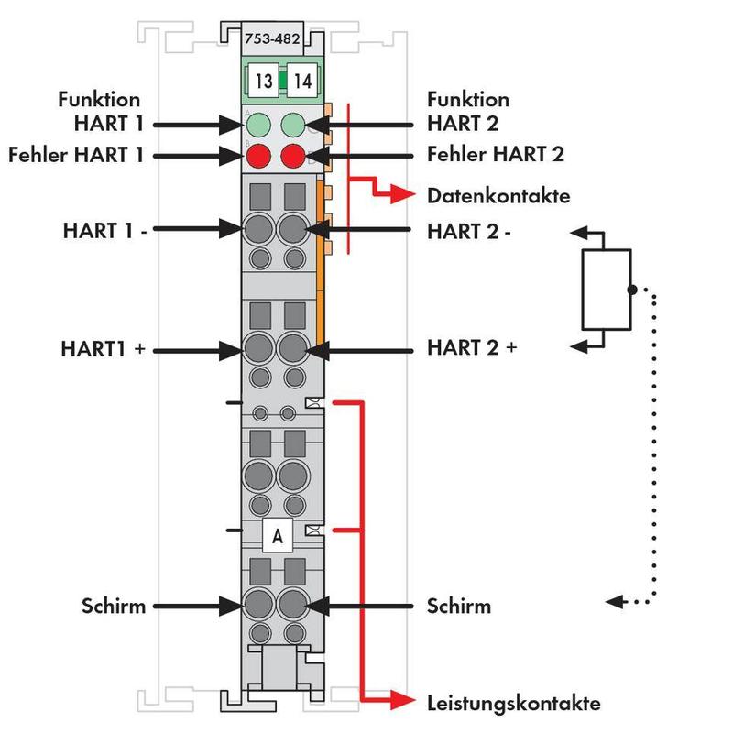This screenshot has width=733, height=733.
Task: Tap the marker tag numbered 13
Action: point(264,82)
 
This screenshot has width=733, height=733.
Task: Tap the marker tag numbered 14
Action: point(302,82)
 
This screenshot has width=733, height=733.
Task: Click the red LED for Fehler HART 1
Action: point(257,155)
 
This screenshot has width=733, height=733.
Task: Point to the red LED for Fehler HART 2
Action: point(293,155)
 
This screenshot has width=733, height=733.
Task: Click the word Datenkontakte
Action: point(498,196)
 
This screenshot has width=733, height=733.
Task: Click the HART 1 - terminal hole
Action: point(257,228)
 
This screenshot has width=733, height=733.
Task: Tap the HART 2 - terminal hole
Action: point(293,228)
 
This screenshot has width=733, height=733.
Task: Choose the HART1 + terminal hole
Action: point(257,349)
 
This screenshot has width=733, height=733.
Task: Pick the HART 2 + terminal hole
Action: point(293,349)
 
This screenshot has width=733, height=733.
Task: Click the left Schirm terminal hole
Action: point(257,605)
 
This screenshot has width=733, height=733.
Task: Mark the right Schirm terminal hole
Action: point(293,605)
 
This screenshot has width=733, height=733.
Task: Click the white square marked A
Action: point(277,534)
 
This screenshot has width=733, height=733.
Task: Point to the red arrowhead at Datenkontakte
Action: point(399,195)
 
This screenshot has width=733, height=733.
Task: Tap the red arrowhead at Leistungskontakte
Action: point(399,702)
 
